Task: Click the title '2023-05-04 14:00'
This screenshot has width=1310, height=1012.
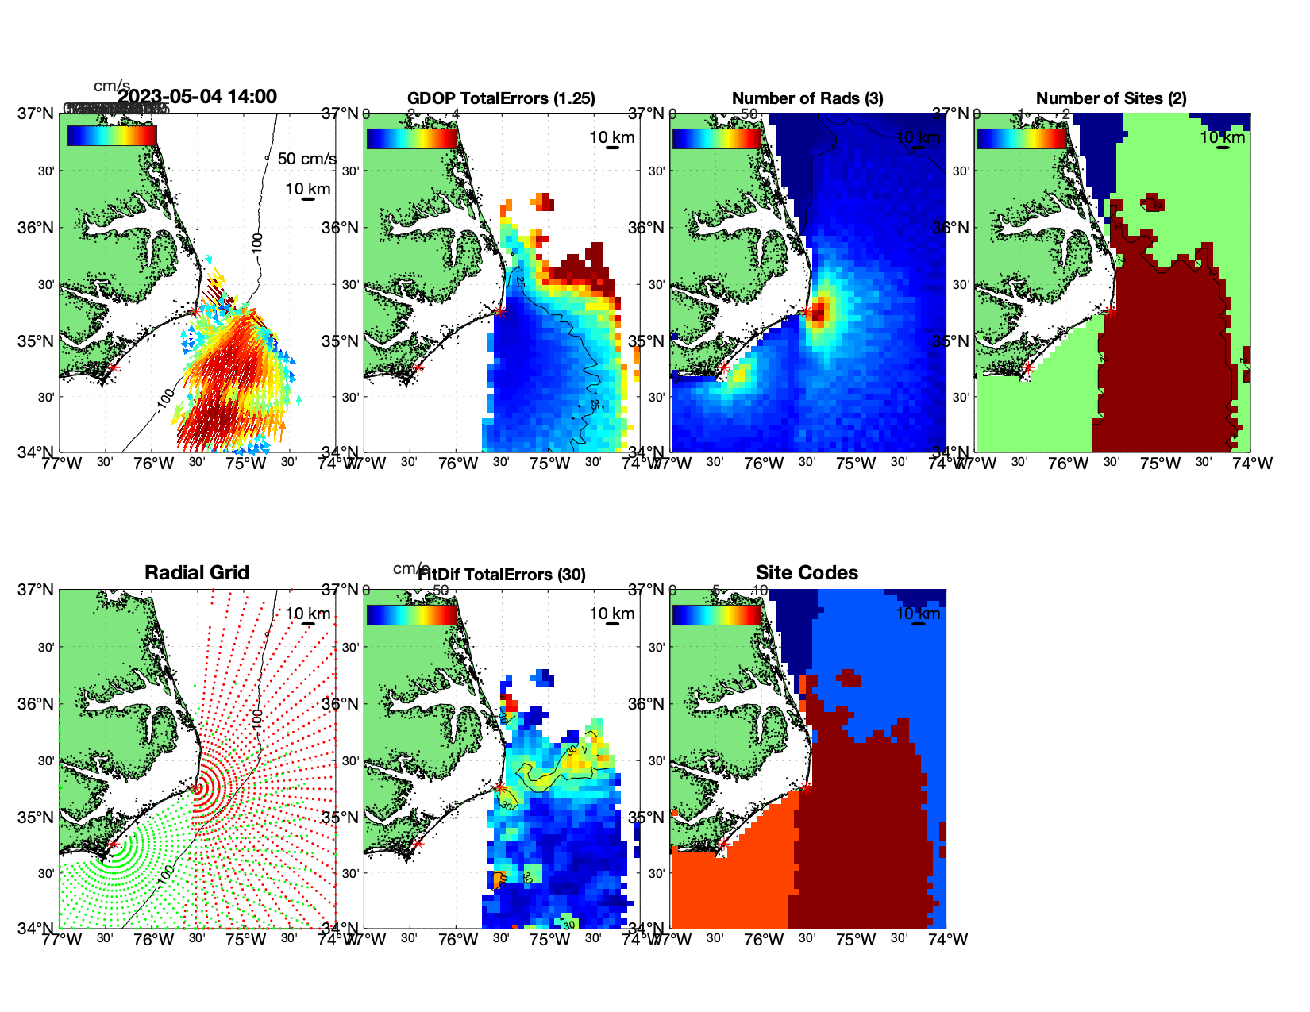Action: [x=198, y=97]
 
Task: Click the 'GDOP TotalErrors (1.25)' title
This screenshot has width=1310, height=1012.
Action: [x=501, y=98]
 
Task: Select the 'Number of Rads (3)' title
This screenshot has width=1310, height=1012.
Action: [x=807, y=98]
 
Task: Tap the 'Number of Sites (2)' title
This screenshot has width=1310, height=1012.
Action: [x=1112, y=98]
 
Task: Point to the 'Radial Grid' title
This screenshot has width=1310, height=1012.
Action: [x=197, y=573]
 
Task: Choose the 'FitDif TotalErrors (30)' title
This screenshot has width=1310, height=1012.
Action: [x=502, y=575]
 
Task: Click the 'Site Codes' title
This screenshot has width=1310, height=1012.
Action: [x=807, y=573]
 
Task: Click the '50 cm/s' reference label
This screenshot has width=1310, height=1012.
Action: [x=306, y=159]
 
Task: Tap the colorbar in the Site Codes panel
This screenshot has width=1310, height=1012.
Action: [x=717, y=615]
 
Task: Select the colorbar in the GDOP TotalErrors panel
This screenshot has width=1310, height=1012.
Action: [x=412, y=138]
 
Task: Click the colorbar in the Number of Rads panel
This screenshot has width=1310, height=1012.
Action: [x=717, y=138]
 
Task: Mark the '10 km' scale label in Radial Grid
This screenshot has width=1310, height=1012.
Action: [x=308, y=614]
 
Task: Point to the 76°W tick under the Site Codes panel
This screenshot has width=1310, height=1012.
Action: [x=764, y=940]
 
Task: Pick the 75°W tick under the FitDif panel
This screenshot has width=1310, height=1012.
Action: [x=550, y=940]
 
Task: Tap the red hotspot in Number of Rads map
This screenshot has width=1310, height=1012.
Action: [x=820, y=310]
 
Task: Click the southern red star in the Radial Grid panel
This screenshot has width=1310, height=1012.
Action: [x=114, y=845]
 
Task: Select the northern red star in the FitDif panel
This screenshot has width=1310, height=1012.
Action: [x=499, y=788]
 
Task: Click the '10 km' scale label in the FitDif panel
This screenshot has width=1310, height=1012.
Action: [x=611, y=614]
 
